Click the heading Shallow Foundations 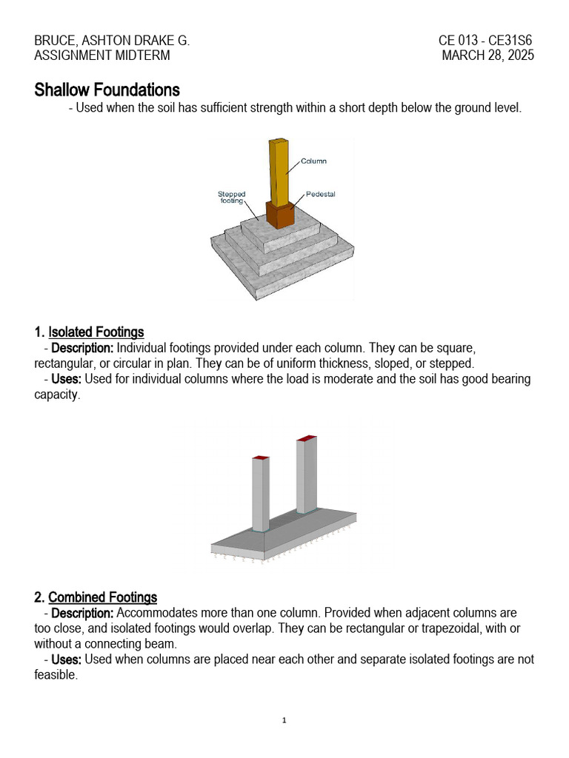107,90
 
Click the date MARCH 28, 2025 488,56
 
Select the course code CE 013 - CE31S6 485,41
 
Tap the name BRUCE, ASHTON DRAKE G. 112,41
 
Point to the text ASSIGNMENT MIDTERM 102,56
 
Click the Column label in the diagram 313,161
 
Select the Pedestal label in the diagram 320,194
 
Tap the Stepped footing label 232,198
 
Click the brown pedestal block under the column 280,216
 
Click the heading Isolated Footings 96,332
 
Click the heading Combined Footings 103,597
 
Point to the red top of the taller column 307,439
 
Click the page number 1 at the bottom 284,720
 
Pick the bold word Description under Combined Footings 82,613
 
